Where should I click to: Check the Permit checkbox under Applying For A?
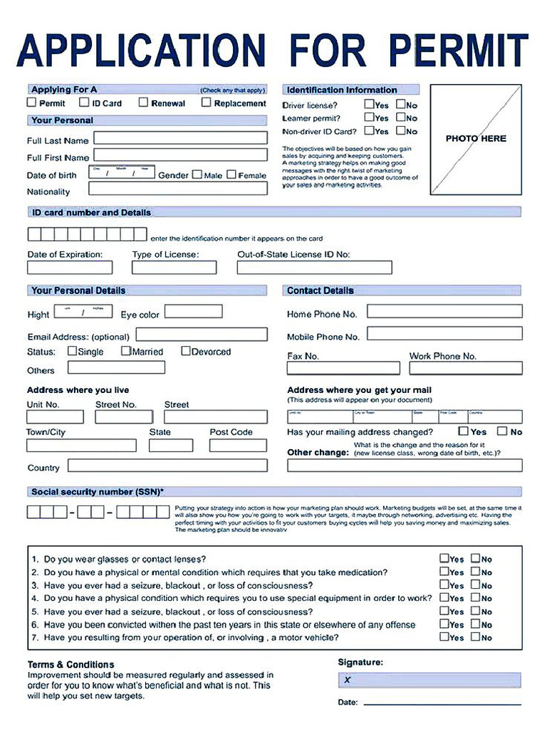coord(31,103)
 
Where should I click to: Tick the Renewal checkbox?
coord(143,103)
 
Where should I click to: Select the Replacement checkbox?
coord(207,103)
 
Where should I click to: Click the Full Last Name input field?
coord(181,137)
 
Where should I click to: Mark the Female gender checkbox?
coord(231,174)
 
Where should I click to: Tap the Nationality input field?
coord(178,189)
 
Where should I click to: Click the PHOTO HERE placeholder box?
coord(476,139)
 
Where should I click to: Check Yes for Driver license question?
coord(370,105)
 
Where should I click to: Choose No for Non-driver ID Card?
coord(401,130)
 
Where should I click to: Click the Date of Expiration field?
coord(70,268)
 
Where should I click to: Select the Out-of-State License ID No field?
coord(314,268)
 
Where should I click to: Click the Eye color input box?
coord(193,312)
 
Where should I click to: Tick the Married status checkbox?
coord(126,351)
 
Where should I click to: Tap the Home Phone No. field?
coord(444,312)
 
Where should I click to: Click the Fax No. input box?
coord(343,368)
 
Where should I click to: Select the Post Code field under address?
coord(238,445)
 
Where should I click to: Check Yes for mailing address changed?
coord(463,431)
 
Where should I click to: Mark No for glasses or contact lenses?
coord(475,559)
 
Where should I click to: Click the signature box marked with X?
coord(429,680)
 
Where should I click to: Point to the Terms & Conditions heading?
coord(71,664)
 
